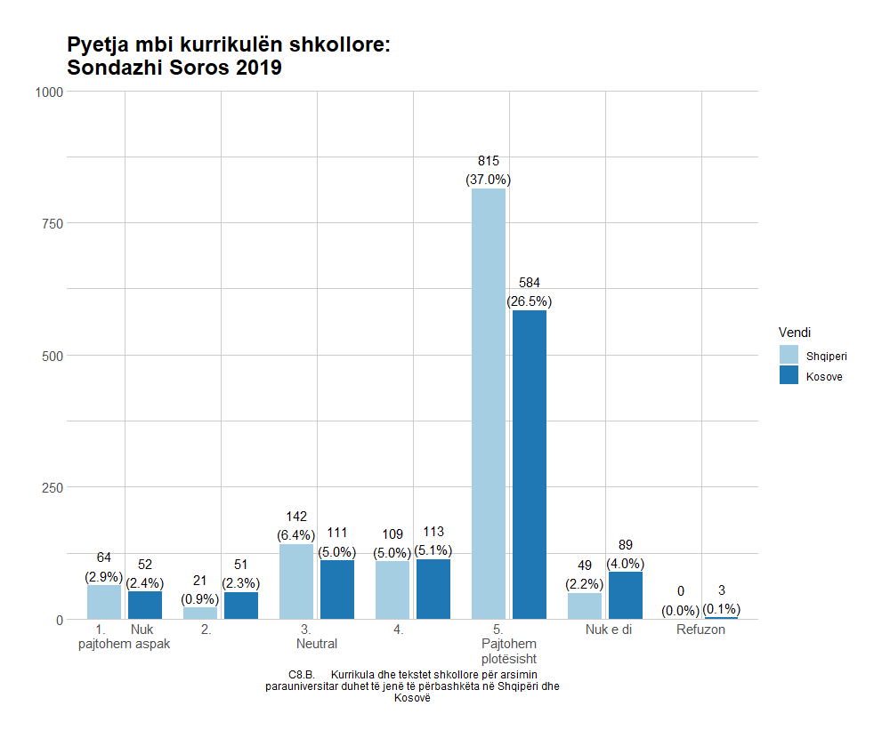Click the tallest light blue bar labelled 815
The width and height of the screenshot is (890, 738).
489,404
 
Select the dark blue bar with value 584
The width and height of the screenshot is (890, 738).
530,464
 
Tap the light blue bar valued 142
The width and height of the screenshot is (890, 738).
296,582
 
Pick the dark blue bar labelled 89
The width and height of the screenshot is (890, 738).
626,595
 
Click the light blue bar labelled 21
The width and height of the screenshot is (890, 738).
200,613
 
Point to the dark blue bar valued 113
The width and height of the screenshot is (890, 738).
433,589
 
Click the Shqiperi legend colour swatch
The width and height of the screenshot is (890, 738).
789,355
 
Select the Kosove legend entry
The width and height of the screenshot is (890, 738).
824,376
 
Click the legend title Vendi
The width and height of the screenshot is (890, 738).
794,332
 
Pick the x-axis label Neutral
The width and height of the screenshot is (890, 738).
317,643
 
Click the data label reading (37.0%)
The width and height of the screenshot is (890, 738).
489,180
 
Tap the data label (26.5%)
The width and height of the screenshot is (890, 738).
530,301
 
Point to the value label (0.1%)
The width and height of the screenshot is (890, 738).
722,610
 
